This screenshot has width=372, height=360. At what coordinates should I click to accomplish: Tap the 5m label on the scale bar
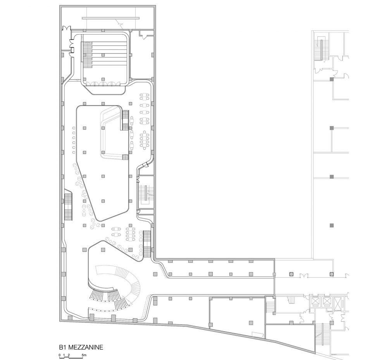[84, 355]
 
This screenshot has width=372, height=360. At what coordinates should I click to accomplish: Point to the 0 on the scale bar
[60, 355]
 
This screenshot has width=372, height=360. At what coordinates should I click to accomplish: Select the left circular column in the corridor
[291, 274]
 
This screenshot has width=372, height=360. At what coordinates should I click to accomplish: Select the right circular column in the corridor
[331, 274]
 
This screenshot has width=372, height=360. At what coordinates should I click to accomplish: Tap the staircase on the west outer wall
[68, 206]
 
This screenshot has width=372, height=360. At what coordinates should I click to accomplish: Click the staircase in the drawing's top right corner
[321, 49]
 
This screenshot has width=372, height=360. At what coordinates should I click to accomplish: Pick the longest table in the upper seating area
[145, 140]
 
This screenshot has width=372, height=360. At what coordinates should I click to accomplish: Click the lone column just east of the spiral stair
[155, 274]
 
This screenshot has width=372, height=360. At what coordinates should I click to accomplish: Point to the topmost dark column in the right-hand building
[331, 79]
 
